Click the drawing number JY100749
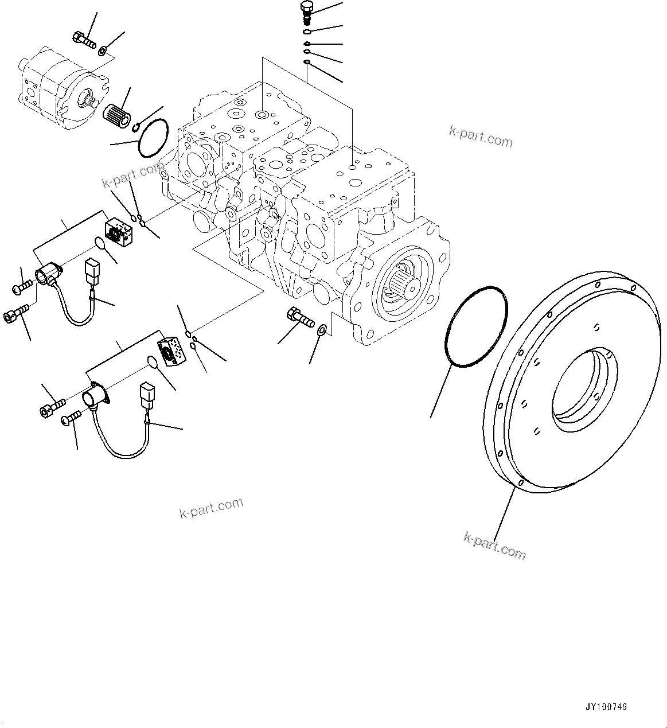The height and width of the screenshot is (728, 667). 606,707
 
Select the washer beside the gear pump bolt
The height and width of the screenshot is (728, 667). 102,52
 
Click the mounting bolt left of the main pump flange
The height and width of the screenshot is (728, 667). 298,316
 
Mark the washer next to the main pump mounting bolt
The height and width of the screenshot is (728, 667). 322,330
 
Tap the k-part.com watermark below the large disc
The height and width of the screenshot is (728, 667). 494,546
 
